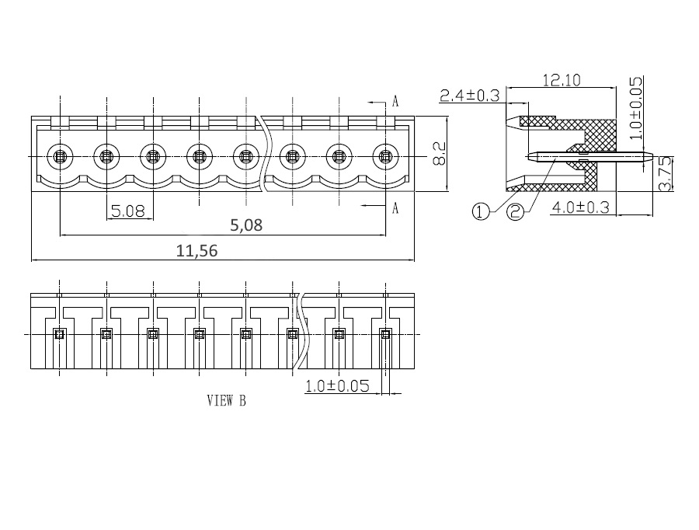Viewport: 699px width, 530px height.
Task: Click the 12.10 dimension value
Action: tap(562, 80)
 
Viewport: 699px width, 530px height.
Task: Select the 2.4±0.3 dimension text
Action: tap(469, 96)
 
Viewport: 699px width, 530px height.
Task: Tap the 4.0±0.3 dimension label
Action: tap(580, 207)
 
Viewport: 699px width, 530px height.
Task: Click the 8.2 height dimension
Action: tap(439, 154)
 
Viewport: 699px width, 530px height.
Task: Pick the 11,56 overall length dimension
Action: tap(196, 251)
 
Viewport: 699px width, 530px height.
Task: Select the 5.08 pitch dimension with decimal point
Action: tap(128, 211)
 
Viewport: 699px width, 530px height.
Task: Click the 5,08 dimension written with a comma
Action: tap(246, 225)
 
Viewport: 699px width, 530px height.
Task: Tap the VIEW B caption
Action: tap(227, 401)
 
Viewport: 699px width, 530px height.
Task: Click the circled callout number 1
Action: tap(481, 211)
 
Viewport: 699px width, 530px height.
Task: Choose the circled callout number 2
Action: tap(516, 211)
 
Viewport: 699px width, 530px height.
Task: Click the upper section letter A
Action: tap(395, 102)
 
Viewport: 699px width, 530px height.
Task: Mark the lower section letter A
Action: tap(395, 208)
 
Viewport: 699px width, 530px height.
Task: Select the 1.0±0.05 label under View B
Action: tap(338, 386)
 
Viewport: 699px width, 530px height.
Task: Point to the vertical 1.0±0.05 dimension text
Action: tap(637, 108)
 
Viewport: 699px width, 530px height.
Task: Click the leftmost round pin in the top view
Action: tap(60, 157)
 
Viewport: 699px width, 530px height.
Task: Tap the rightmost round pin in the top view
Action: tap(385, 157)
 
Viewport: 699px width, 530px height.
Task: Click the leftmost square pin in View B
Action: tap(59, 333)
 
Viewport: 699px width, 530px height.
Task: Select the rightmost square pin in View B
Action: tap(385, 333)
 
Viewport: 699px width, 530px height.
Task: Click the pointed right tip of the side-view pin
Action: tap(652, 156)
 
